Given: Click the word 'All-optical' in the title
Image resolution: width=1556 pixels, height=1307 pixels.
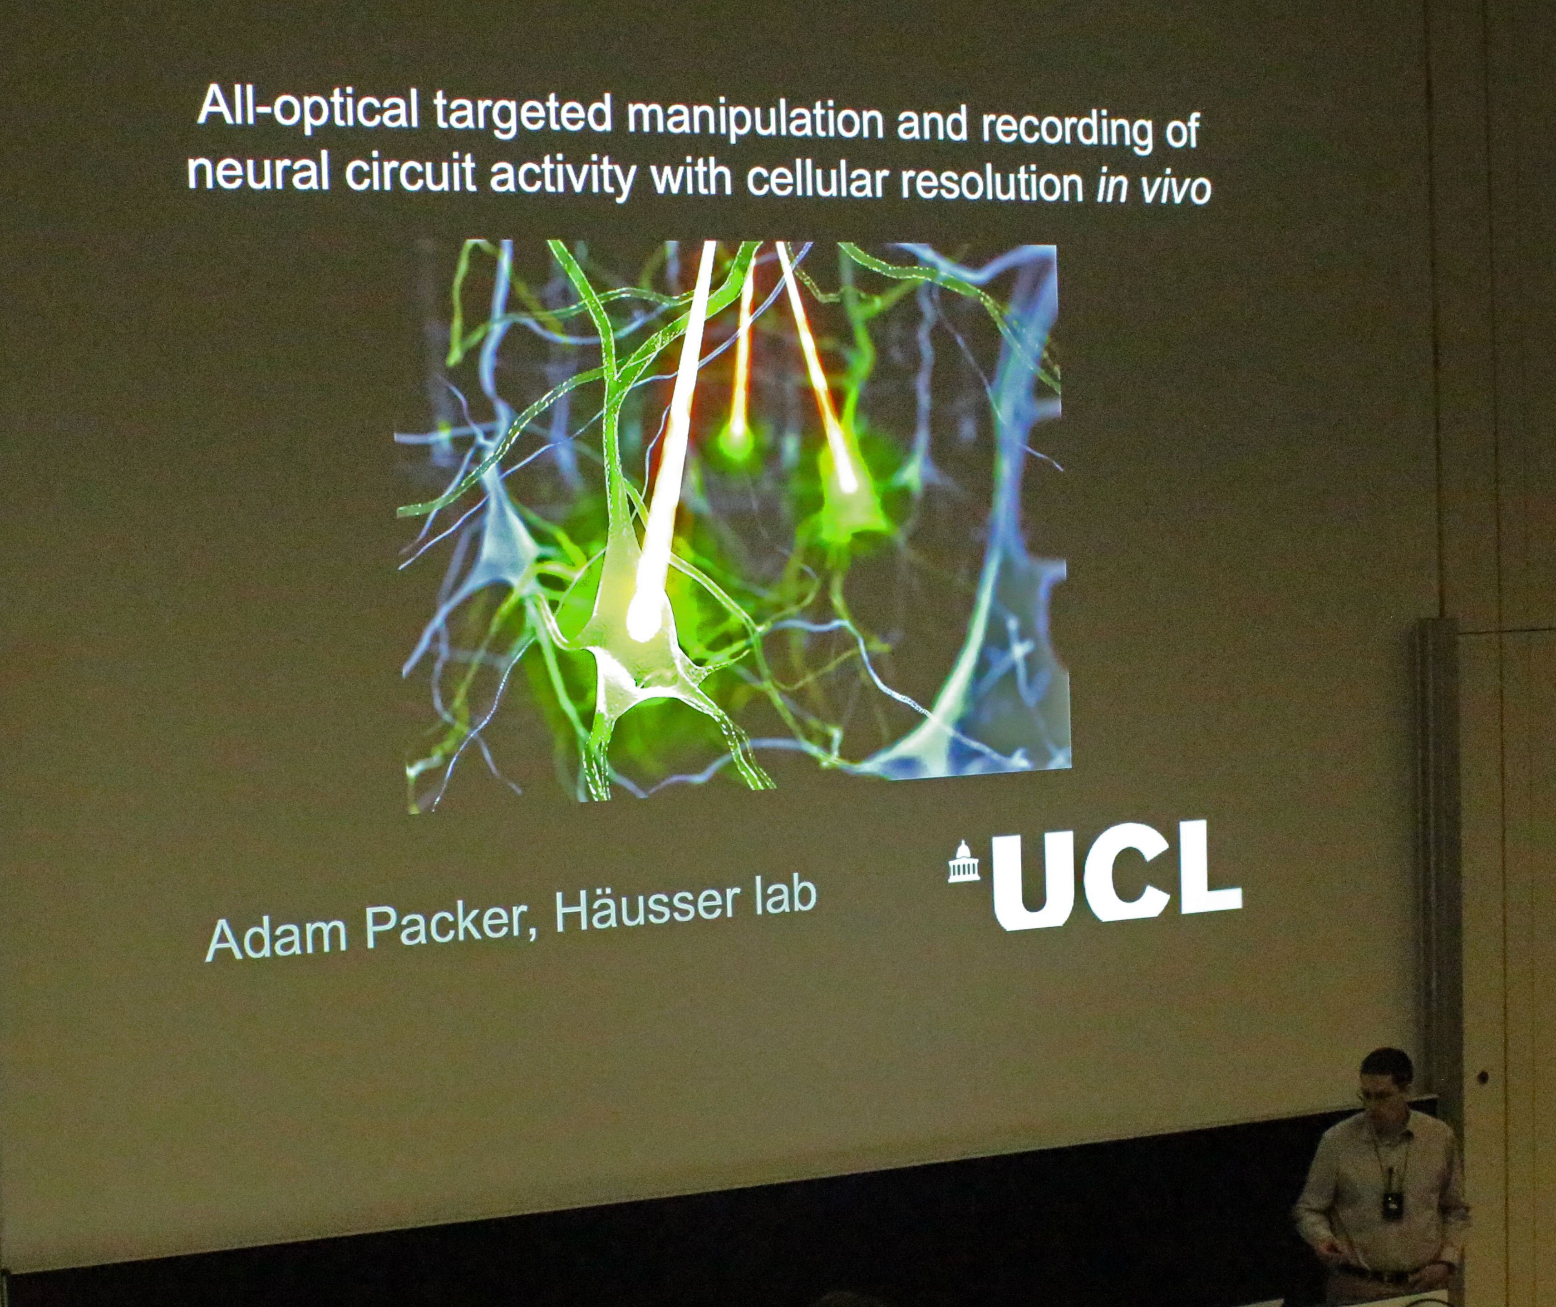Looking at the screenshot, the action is [308, 108].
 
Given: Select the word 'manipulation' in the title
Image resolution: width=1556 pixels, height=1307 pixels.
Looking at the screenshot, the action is [756, 118].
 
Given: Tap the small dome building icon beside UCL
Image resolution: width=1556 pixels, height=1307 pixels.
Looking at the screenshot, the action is [963, 862].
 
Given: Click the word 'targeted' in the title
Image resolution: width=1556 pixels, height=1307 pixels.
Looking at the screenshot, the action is [523, 113].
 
